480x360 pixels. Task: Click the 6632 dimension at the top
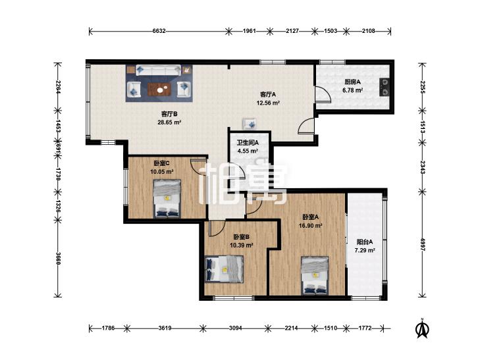(x=159, y=31)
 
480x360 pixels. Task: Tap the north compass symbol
(x=422, y=328)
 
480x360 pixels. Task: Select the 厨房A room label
(x=352, y=82)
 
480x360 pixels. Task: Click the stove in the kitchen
(x=384, y=87)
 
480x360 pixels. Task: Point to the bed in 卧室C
(x=167, y=199)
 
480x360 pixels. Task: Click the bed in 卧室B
(x=224, y=269)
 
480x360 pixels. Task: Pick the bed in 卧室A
(x=315, y=275)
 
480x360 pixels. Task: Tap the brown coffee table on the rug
(x=159, y=89)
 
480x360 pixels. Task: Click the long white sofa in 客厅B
(x=158, y=70)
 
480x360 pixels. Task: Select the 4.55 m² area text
(x=248, y=151)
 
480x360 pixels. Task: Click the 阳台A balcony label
(x=365, y=242)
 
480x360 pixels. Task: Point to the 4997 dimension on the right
(x=423, y=244)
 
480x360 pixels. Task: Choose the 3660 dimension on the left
(x=58, y=259)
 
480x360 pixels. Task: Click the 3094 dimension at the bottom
(x=236, y=328)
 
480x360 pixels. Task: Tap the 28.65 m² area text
(x=169, y=122)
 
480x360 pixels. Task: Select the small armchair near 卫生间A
(x=250, y=123)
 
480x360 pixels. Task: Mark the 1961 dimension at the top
(x=249, y=31)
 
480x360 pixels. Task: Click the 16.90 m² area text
(x=310, y=226)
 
